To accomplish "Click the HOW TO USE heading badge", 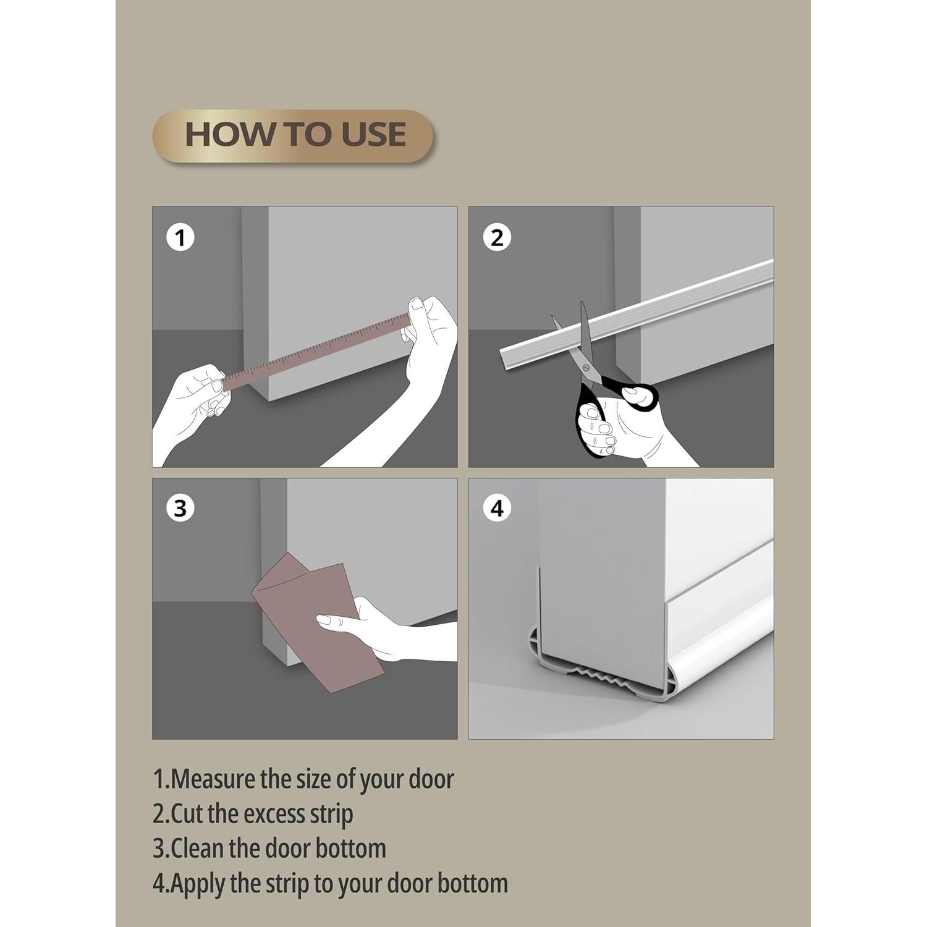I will pyautogui.click(x=293, y=135).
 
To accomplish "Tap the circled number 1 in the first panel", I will pyautogui.click(x=180, y=238).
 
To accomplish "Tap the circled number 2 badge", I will pyautogui.click(x=497, y=238).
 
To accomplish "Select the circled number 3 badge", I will pyautogui.click(x=180, y=509).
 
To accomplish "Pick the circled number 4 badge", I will pyautogui.click(x=497, y=509).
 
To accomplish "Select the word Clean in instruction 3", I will pyautogui.click(x=198, y=849).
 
